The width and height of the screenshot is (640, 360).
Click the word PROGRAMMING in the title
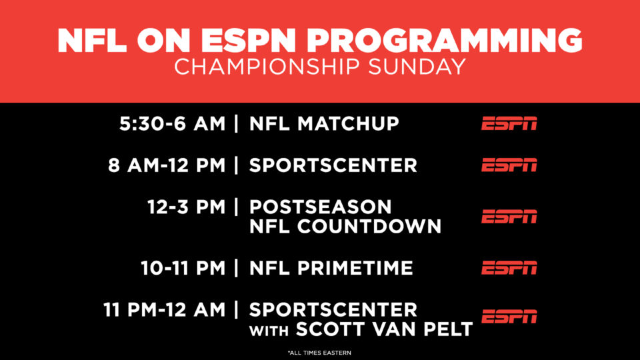point(445,41)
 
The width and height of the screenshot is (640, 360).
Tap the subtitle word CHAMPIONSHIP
point(267,67)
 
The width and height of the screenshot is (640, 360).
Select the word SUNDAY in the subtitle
point(417,67)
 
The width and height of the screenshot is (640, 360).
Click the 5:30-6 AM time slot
point(172,124)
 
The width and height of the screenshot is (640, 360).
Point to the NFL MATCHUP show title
point(324,124)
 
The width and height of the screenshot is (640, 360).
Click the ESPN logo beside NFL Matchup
point(509,124)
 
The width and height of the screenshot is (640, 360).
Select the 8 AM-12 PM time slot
point(167,165)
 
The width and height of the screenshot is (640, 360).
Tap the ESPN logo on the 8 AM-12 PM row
point(509,165)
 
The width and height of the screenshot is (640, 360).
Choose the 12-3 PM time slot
point(186,207)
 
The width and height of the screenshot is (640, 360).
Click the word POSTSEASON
point(321,207)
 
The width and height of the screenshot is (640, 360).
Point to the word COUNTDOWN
point(369,227)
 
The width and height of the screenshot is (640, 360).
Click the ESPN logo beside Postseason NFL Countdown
point(509,217)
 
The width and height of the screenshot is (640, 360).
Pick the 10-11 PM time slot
point(183,268)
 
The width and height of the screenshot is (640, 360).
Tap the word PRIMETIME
point(355,268)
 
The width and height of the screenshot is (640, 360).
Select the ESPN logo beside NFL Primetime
point(509,268)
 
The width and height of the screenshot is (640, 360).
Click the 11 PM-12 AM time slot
point(164,310)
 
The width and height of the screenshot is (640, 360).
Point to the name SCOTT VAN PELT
point(384,329)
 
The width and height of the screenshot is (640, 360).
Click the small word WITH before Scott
point(269,331)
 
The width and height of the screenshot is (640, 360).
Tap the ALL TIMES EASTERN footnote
point(319,353)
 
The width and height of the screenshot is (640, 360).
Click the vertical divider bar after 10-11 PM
point(236,268)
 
